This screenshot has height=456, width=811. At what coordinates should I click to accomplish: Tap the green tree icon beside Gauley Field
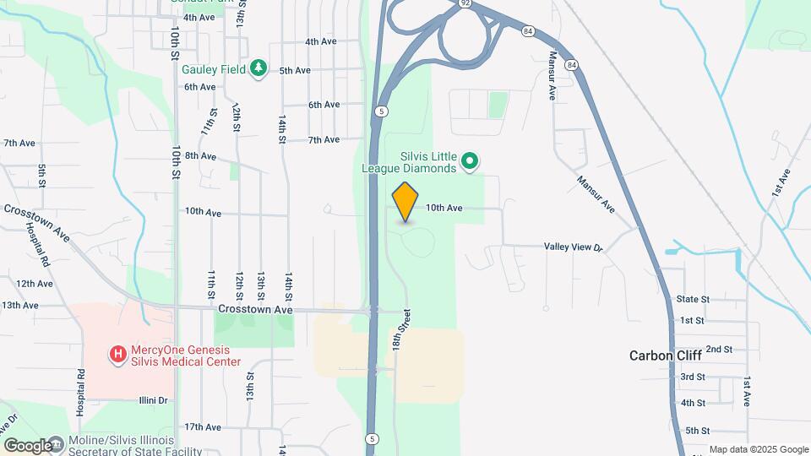[259, 69]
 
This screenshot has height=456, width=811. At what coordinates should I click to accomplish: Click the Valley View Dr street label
[573, 247]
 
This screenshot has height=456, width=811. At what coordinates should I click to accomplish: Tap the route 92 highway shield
[465, 3]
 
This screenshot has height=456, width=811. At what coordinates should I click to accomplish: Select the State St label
[692, 299]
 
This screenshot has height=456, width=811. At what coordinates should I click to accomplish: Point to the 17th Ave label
[202, 427]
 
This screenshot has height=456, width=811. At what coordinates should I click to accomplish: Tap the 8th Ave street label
[201, 156]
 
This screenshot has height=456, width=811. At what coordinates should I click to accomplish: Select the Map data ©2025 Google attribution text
[758, 449]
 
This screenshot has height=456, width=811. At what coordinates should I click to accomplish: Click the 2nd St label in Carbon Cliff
[719, 349]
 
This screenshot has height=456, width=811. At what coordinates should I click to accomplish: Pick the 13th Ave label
[20, 305]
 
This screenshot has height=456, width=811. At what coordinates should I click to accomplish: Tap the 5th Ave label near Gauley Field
[295, 71]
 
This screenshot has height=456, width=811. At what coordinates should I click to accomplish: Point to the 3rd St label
[693, 377]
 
